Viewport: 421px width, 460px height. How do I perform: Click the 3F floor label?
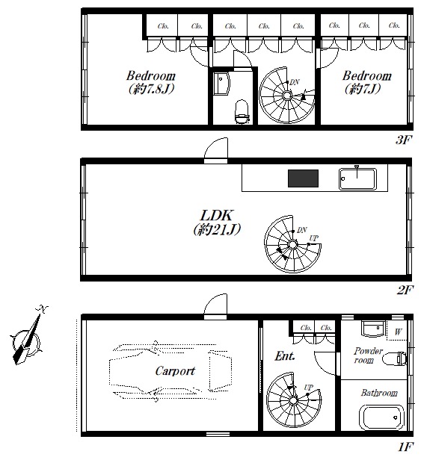(x=403, y=140)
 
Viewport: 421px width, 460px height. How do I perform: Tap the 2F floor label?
(x=405, y=290)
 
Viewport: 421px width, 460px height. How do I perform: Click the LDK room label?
(x=216, y=216)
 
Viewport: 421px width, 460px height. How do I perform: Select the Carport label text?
(x=175, y=371)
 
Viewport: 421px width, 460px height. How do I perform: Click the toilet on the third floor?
(x=242, y=112)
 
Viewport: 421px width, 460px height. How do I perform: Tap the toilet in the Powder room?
(x=395, y=358)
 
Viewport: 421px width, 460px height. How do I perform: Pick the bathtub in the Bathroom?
(x=381, y=417)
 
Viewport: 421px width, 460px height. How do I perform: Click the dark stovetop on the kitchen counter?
(x=303, y=178)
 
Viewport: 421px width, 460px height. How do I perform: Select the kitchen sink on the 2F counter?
(x=357, y=178)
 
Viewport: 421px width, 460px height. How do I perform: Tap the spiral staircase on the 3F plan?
(x=286, y=95)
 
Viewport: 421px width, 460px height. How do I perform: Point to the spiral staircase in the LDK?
(x=292, y=244)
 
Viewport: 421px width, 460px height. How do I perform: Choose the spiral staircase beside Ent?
(x=294, y=400)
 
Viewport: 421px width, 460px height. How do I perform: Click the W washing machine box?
(x=397, y=331)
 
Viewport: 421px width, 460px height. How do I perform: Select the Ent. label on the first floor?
(x=285, y=356)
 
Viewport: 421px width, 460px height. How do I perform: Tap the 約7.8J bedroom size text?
(x=152, y=89)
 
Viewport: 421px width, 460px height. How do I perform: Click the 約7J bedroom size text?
(x=363, y=88)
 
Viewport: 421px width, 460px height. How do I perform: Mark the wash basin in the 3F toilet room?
(x=221, y=84)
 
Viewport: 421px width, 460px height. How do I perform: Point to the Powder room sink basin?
(x=373, y=329)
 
